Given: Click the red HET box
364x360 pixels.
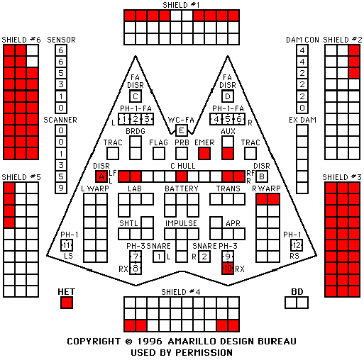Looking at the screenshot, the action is [x=67, y=303].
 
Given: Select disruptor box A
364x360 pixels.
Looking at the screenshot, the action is [x=101, y=176].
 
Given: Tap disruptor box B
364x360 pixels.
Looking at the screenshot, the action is [x=262, y=176].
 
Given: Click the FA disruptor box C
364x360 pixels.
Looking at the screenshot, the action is [x=136, y=96].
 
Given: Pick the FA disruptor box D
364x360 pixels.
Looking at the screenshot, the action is [x=228, y=96].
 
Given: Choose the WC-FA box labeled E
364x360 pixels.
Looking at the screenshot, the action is [x=182, y=130].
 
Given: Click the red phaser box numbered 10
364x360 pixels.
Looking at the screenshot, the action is [x=228, y=269].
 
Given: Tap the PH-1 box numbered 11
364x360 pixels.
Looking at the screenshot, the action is [x=67, y=245].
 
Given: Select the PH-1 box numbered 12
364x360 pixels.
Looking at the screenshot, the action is [x=297, y=245].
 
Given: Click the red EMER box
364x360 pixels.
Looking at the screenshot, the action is [x=204, y=154].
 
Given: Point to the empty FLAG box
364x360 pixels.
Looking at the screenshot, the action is [x=159, y=154].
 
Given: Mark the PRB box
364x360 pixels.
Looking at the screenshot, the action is [x=182, y=154].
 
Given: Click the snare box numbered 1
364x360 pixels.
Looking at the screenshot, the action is [x=159, y=257].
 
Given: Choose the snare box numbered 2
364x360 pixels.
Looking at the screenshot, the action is [x=204, y=257].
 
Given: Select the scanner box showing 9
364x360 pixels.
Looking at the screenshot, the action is [x=61, y=188].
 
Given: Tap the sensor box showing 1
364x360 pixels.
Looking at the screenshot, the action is [x=61, y=96].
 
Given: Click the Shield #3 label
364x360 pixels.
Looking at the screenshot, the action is [x=342, y=177].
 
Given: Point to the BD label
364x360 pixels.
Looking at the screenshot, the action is [x=297, y=292].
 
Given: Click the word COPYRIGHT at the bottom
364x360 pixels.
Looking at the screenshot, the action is [x=94, y=342].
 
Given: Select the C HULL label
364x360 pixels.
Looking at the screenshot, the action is [x=183, y=166].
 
